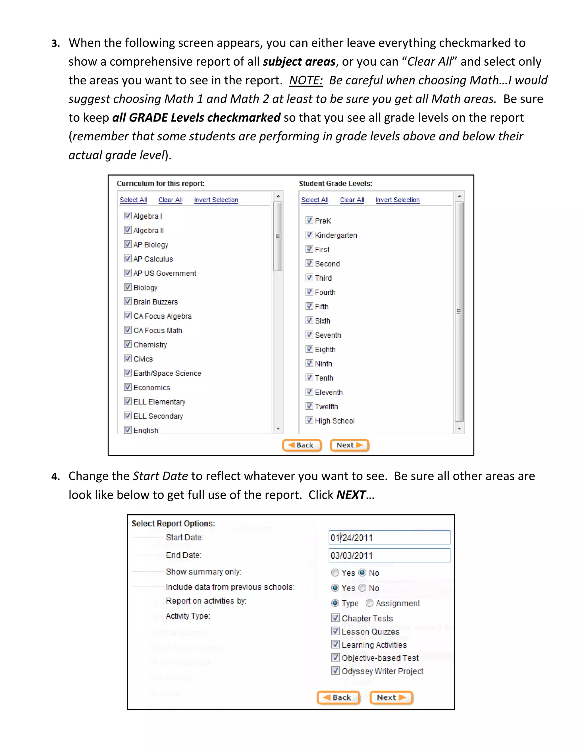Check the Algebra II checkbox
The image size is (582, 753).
[128, 230]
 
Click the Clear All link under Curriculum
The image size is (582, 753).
[170, 200]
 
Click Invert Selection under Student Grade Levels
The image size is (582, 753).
[397, 200]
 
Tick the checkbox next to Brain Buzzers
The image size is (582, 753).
[128, 301]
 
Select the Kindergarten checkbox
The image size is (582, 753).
[309, 235]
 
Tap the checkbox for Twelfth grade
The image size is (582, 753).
[309, 406]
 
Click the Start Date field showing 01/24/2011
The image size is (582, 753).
[389, 538]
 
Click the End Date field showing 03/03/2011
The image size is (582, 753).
[389, 556]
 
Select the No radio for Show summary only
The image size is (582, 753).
[362, 573]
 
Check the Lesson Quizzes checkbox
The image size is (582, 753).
[335, 631]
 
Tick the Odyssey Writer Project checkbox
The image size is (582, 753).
[335, 671]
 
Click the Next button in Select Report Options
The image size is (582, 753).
[391, 698]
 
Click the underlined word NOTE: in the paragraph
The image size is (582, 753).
[306, 80]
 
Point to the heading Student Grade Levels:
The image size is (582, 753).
[335, 184]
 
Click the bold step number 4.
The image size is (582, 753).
[55, 477]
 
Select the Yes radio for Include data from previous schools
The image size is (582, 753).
[335, 588]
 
